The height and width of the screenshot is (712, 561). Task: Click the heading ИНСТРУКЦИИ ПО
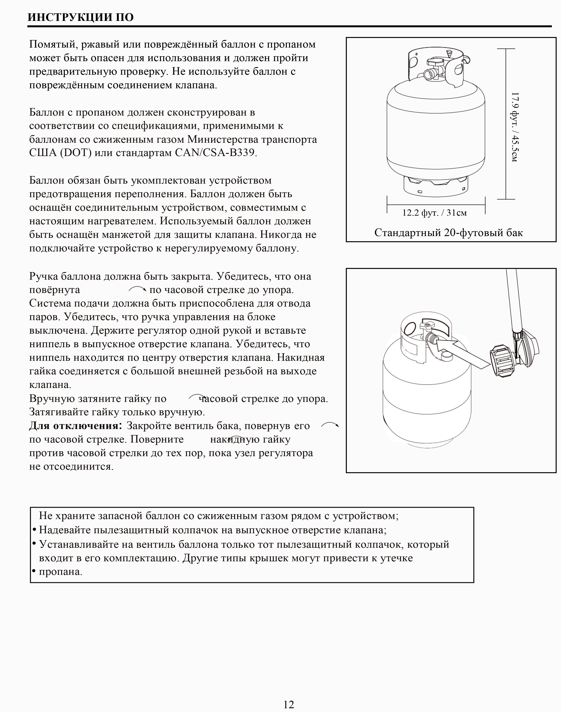[80, 17]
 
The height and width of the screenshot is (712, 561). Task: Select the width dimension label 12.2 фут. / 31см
[434, 213]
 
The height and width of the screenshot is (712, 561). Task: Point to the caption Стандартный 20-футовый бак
[448, 233]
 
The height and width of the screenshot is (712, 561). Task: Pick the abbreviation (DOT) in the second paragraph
[76, 153]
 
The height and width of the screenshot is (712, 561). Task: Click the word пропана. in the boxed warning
[60, 572]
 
